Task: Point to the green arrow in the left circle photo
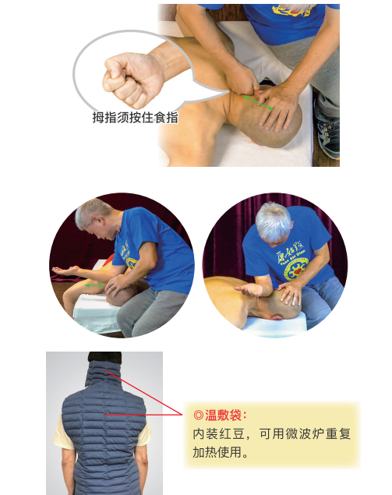(x=94, y=286)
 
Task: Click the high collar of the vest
(x=104, y=372)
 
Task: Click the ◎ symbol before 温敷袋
(x=198, y=415)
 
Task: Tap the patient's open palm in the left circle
(x=67, y=272)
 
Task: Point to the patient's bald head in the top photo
(x=276, y=117)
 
